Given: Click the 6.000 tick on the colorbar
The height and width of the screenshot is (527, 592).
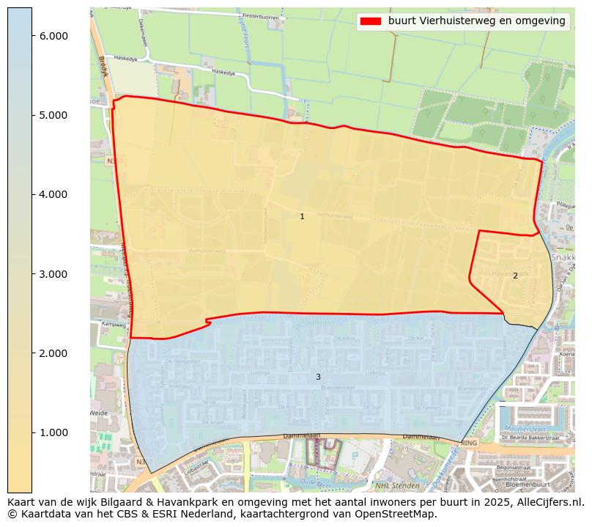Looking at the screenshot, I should tap(53, 36).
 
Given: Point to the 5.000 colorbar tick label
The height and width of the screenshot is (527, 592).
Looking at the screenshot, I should tap(53, 115).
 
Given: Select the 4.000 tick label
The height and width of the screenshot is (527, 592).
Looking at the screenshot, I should tap(53, 194).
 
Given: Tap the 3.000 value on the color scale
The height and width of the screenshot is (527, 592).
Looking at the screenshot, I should tap(53, 274).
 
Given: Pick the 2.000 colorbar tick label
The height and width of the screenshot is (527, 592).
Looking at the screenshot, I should tap(53, 353).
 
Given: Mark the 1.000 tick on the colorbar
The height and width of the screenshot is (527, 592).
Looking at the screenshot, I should tap(53, 432).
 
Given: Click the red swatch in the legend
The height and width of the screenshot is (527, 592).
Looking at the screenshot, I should tap(371, 21).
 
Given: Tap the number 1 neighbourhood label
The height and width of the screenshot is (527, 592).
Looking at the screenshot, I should tap(302, 217).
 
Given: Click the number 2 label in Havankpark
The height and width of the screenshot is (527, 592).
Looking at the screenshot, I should tap(515, 276).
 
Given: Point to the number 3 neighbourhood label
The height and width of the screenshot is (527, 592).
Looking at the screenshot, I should tap(318, 377).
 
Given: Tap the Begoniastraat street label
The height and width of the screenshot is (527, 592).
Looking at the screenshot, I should tap(513, 467).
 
